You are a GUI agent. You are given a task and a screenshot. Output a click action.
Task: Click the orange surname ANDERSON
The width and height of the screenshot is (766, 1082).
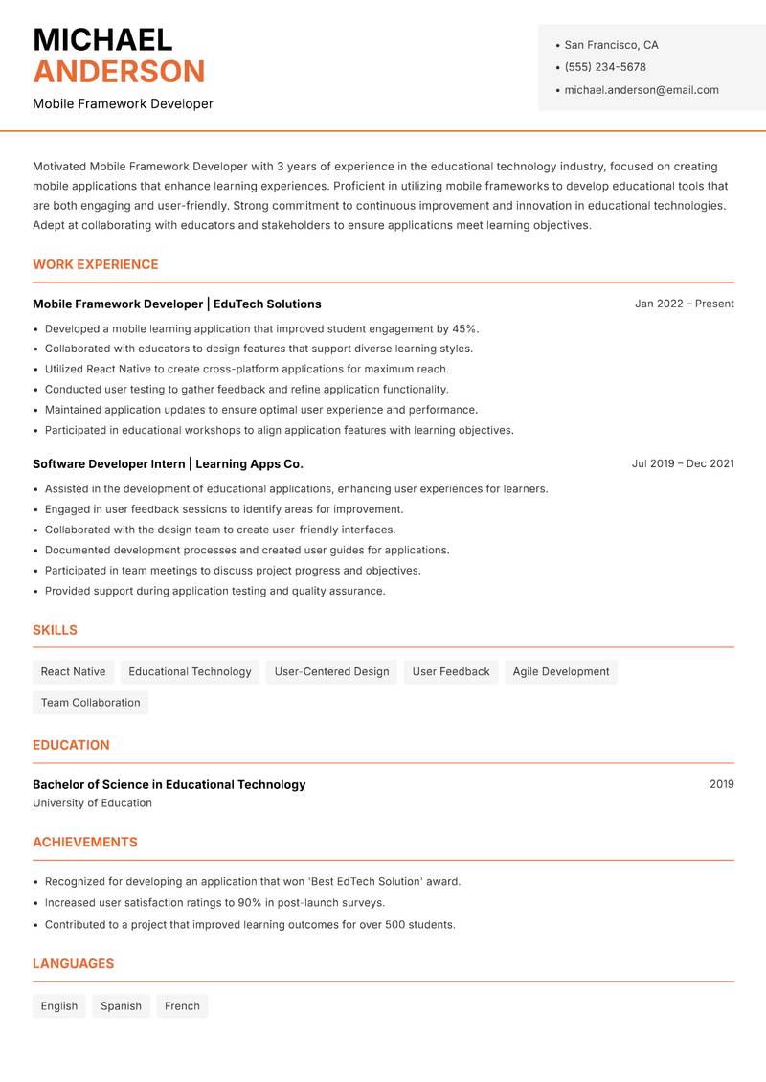click(119, 72)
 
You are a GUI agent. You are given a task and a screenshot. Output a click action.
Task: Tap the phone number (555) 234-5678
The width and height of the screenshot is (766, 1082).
click(604, 67)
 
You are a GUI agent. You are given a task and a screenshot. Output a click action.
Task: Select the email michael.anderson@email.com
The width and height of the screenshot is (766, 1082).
click(641, 90)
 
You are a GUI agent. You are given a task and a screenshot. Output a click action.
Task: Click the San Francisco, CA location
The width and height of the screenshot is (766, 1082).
click(611, 45)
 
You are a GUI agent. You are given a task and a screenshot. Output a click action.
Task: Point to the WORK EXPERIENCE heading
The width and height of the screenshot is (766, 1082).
click(96, 264)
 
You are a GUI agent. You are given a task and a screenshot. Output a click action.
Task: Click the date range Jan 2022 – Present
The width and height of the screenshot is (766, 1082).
click(684, 304)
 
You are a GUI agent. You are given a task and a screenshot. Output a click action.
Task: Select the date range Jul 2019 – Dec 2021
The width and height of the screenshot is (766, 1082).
click(683, 463)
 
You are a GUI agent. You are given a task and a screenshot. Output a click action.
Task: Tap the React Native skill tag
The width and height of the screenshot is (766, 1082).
click(73, 672)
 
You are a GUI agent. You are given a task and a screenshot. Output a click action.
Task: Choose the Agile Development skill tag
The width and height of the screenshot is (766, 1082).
click(560, 672)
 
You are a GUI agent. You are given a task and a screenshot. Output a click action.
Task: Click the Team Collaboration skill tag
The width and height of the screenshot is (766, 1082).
click(90, 703)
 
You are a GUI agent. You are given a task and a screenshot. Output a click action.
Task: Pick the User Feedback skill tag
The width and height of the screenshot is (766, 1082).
click(450, 672)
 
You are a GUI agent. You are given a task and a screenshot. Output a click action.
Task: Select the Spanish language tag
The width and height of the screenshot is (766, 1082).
click(121, 1006)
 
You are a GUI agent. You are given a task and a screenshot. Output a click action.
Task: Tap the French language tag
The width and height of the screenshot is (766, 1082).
click(182, 1006)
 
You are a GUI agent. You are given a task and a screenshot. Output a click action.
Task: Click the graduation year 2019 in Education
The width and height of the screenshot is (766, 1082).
click(721, 784)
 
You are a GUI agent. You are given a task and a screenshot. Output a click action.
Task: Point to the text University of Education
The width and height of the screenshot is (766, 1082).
click(92, 803)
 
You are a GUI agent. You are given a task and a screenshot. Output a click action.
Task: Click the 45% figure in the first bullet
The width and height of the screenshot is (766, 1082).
click(464, 328)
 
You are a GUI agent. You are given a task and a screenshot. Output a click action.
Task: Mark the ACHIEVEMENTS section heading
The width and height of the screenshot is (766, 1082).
click(85, 843)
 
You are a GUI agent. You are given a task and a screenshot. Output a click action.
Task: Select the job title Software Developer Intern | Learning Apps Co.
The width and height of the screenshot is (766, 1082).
click(168, 464)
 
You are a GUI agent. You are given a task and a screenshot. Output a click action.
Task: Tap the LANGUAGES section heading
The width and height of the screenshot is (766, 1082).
click(73, 964)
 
